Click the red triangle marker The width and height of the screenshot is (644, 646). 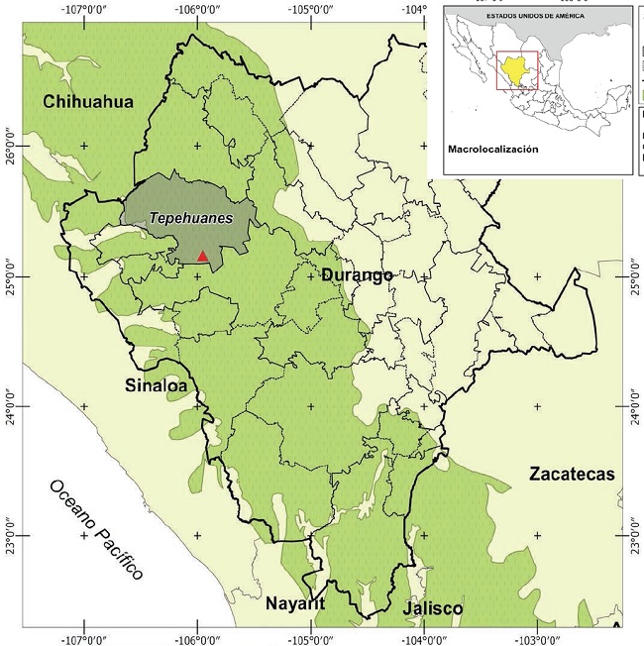pos(202,256)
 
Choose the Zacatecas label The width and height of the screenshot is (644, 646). pos(571,474)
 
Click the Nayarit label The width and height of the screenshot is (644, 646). pos(294,603)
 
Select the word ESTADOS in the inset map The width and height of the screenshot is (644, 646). pos(492,17)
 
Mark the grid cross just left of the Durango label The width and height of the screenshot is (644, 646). pos(311,275)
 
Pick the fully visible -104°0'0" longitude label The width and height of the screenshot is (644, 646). pos(424,637)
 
